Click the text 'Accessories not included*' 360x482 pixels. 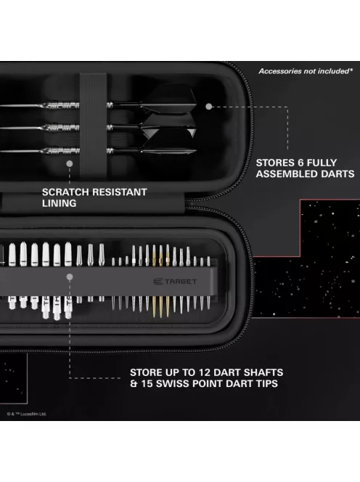pyautogui.click(x=306, y=71)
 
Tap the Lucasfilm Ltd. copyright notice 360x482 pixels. pyautogui.click(x=28, y=414)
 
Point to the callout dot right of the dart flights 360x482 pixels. pyautogui.click(x=208, y=106)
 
